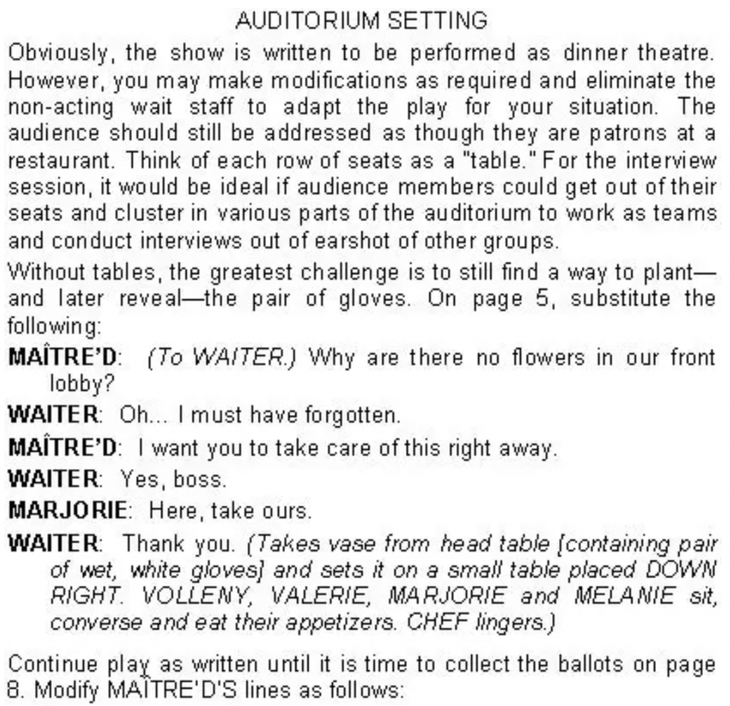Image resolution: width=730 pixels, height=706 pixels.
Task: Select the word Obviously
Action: pyautogui.click(x=54, y=53)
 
